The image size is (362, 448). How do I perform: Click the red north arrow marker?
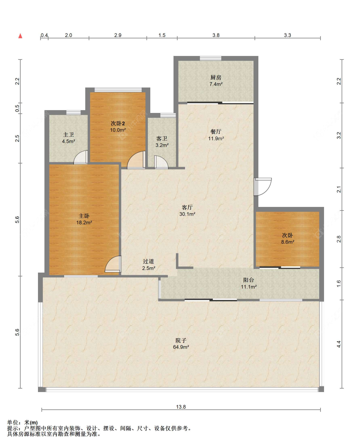click(20, 36)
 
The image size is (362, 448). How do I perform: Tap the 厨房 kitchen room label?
click(216, 77)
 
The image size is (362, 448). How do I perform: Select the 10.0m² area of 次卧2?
click(118, 130)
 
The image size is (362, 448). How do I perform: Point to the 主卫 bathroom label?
click(69, 135)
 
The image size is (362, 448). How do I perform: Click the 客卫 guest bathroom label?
click(162, 138)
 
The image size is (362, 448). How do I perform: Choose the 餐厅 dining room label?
click(216, 132)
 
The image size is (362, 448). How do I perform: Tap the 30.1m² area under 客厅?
click(187, 214)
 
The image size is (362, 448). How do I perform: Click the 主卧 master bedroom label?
click(84, 216)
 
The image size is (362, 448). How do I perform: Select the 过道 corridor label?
click(149, 261)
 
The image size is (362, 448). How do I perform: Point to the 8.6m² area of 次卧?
click(288, 242)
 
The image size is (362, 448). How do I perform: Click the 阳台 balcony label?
click(249, 280)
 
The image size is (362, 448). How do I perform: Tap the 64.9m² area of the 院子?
click(181, 347)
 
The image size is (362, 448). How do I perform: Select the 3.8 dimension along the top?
click(216, 35)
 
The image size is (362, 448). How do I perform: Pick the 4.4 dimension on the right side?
click(339, 344)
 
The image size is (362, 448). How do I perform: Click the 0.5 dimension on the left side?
click(17, 108)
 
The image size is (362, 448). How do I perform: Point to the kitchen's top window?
click(210, 58)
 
